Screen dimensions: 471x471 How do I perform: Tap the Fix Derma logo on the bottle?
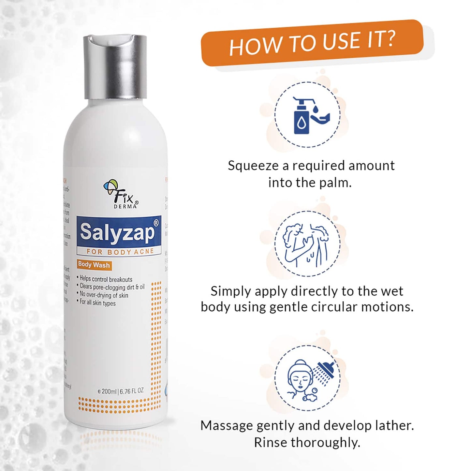(121, 194)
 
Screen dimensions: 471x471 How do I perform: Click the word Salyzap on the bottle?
(117, 232)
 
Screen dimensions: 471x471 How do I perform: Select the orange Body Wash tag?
(94, 265)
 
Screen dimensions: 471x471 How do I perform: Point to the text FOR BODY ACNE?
(120, 252)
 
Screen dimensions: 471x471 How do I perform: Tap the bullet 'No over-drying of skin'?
(104, 295)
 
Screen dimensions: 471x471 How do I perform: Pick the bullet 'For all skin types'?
(97, 303)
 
